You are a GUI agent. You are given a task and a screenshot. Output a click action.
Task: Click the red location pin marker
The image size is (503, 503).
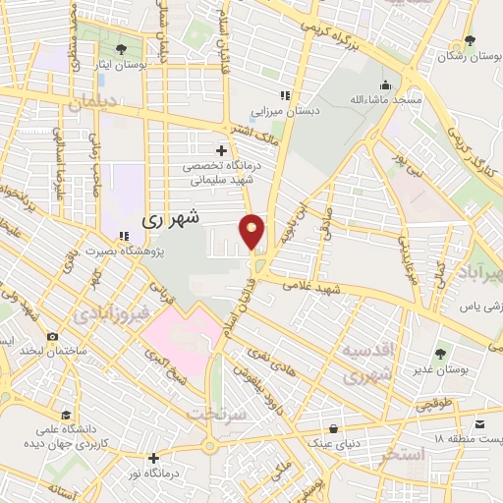click(x=252, y=231)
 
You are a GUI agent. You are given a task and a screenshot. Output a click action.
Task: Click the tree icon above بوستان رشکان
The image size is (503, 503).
click(x=470, y=40)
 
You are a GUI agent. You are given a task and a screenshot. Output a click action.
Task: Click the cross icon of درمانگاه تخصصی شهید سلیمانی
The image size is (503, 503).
click(x=221, y=150)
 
